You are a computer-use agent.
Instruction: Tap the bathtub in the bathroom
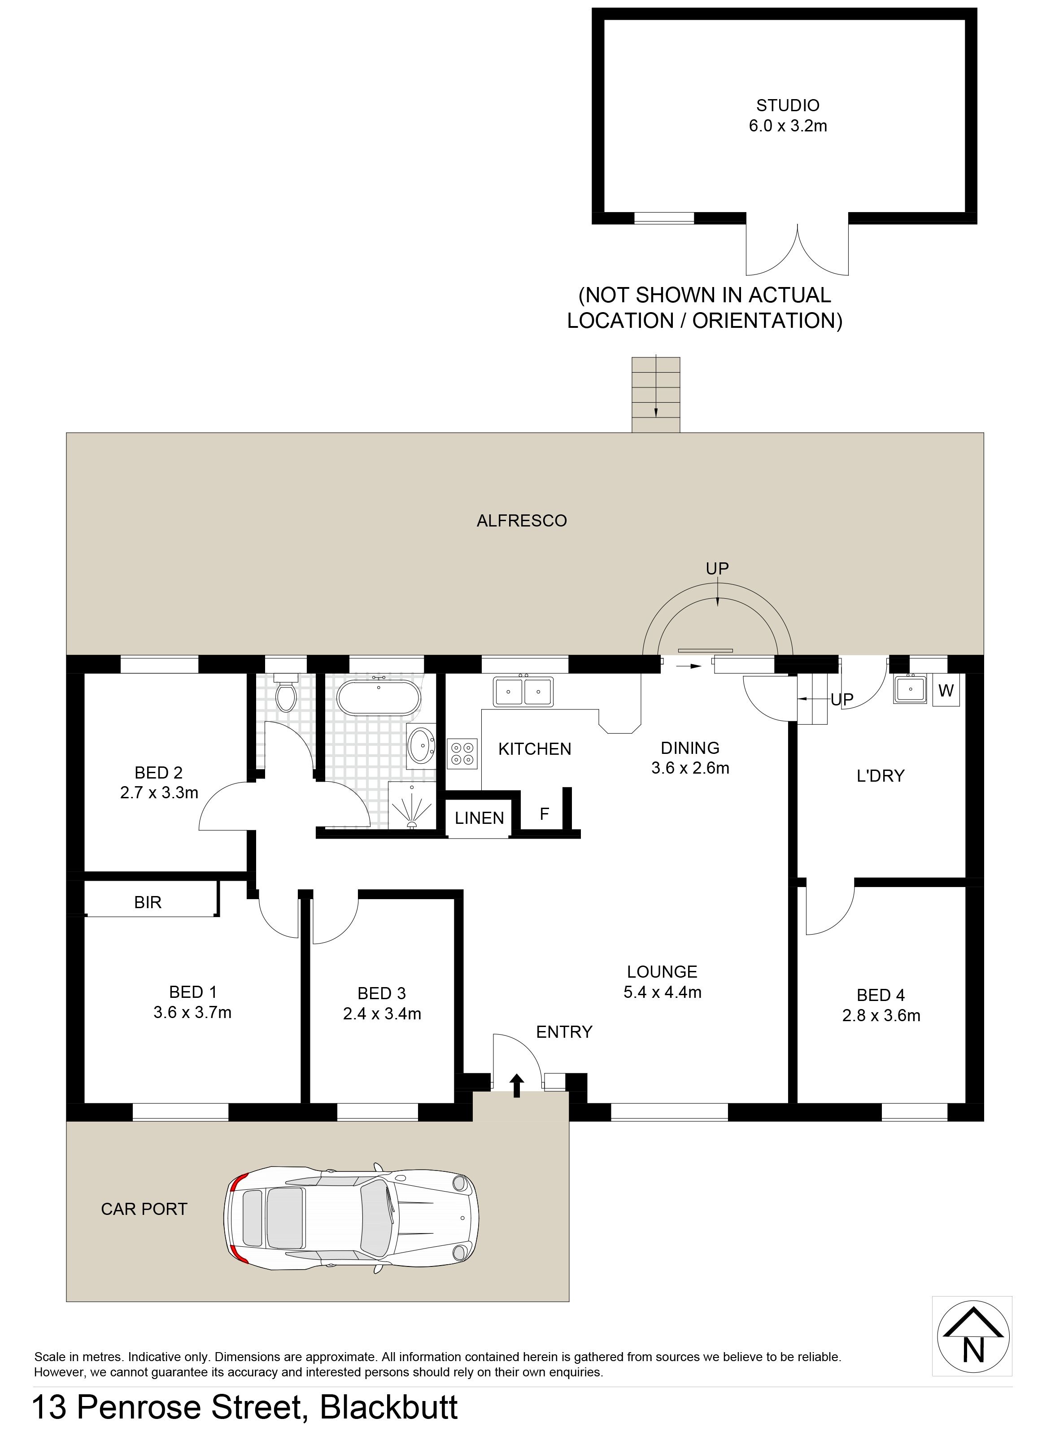pyautogui.click(x=379, y=697)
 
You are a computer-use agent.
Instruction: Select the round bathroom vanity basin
pyautogui.click(x=421, y=745)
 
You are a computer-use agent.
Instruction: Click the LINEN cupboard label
pyautogui.click(x=480, y=818)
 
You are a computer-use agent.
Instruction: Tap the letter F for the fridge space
pyautogui.click(x=544, y=814)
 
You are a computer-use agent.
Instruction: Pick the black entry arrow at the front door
pyautogui.click(x=517, y=1085)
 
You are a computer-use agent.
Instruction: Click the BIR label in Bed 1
pyautogui.click(x=148, y=902)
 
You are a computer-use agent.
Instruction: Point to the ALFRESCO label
pyautogui.click(x=522, y=521)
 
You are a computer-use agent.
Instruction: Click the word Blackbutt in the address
pyautogui.click(x=389, y=1407)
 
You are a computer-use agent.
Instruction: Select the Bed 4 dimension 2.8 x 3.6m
pyautogui.click(x=881, y=1016)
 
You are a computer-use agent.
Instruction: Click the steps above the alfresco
pyautogui.click(x=656, y=395)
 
